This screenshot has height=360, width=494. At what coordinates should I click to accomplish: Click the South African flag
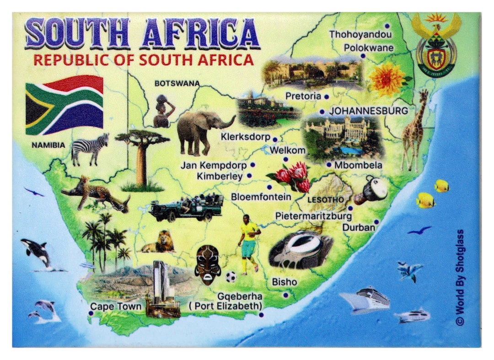[64, 105]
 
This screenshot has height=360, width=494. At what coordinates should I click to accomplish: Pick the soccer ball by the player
[231, 276]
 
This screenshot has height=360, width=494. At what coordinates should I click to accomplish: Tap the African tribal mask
[207, 264]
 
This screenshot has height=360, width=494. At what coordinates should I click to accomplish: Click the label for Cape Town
[116, 306]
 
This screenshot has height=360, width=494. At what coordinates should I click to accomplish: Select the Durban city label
[359, 227]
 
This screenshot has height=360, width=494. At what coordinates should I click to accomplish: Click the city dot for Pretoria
[327, 97]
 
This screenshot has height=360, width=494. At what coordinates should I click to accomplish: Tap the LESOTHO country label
[325, 200]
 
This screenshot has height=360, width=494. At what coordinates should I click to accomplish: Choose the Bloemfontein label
[261, 197]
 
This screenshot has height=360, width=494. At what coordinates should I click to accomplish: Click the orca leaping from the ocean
[36, 252]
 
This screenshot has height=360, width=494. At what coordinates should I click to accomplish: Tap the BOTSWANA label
[177, 83]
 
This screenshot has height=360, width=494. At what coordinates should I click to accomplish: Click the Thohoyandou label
[360, 34]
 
